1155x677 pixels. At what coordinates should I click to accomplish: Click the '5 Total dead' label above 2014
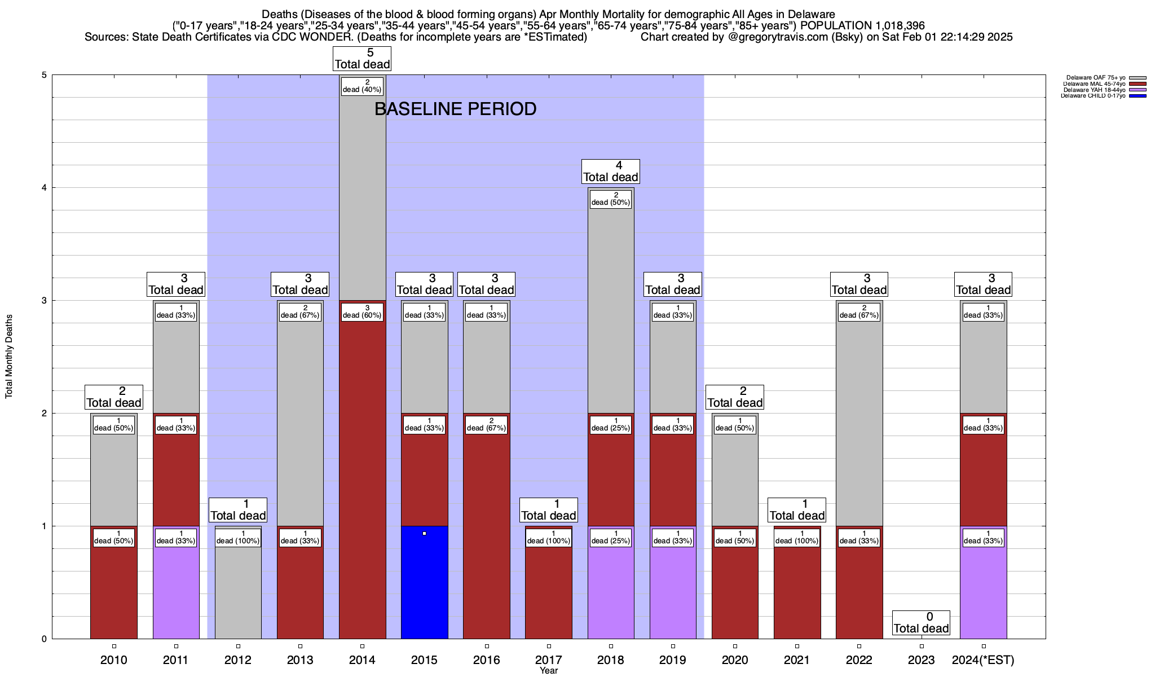(362, 59)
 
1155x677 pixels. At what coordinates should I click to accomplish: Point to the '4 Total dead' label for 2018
(611, 172)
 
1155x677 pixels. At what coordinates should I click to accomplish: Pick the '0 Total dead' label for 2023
(922, 623)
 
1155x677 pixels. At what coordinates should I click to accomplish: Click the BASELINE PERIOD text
(455, 109)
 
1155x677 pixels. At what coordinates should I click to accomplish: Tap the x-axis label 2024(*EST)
(983, 660)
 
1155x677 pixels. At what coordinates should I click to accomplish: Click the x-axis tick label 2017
(549, 660)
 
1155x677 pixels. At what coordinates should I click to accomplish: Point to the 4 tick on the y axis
(43, 188)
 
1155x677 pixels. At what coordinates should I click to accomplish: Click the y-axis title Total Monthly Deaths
(9, 357)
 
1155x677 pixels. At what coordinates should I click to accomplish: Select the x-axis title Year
(548, 671)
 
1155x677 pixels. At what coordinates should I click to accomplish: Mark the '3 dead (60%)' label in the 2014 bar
(362, 312)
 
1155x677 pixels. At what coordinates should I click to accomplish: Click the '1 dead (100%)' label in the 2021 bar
(797, 538)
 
